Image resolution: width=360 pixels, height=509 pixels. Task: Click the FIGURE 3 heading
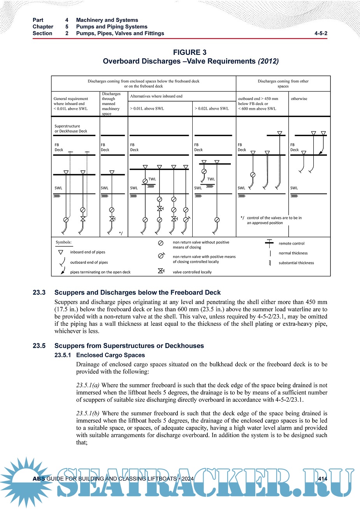pos(190,52)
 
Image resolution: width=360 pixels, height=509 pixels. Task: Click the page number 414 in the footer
pos(322,479)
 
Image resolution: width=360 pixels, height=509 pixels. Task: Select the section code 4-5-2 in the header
pos(321,33)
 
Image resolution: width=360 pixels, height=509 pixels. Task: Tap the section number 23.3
pos(39,292)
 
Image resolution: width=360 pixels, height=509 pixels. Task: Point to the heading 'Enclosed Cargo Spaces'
pos(111,355)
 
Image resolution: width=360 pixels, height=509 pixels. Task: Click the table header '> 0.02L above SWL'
pos(212,108)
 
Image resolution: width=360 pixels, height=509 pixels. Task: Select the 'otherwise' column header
pos(299,99)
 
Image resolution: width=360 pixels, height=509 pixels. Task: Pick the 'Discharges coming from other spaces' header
pos(283,84)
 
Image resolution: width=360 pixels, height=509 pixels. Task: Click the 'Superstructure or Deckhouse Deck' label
pos(71,129)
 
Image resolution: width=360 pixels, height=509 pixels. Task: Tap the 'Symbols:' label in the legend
pos(63,242)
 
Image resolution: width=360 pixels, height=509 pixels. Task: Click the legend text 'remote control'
pos(292,243)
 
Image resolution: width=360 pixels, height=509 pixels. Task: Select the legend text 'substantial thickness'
pos(296,263)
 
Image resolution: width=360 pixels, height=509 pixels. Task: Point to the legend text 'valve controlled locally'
pos(192,272)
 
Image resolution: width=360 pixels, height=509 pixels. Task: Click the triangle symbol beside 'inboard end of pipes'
pos(61,252)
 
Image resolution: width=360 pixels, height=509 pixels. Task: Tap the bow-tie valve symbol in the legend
pos(160,271)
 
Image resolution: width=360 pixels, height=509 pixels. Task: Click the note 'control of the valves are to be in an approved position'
pos(274,220)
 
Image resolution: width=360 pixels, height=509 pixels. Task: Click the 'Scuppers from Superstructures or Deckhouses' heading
pos(129,346)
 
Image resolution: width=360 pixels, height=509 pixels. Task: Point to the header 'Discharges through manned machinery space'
pos(111,104)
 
